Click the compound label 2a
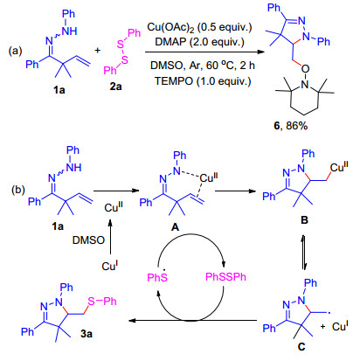coord(115,87)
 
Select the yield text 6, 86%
coord(291,126)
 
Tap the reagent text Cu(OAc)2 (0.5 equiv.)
coord(199,27)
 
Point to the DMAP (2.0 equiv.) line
coord(199,42)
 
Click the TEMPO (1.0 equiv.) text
coord(203,80)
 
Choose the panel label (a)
coord(15,51)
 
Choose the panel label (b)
coord(18,190)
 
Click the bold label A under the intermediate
coord(175,227)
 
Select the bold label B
coord(304,219)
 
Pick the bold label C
coord(301,347)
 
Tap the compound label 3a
coord(87,334)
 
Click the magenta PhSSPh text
coord(225,276)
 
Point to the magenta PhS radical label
coord(157,276)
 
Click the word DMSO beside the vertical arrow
coord(88,240)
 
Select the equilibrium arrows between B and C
coord(304,253)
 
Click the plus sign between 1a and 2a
coord(98,51)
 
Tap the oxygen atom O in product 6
coord(305,69)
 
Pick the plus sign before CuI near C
coord(322,327)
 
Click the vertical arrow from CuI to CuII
coord(110,237)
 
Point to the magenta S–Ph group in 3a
coord(102,301)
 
